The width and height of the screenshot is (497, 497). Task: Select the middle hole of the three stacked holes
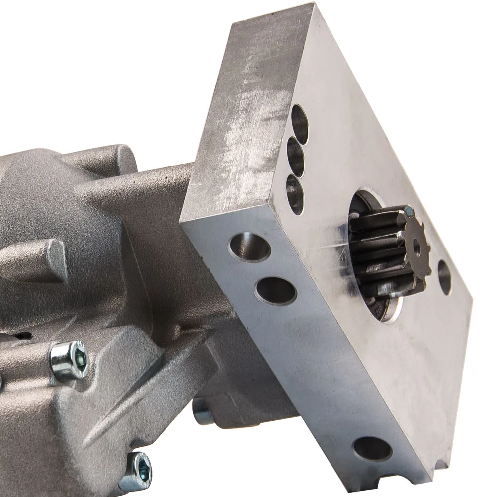(296, 157)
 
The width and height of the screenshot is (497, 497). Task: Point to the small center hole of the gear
(416, 244)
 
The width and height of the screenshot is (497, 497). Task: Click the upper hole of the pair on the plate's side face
(249, 247)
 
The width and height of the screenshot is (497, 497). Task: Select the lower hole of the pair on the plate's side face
(275, 290)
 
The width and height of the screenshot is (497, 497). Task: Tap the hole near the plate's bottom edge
(372, 449)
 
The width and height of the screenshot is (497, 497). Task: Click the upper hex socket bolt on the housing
(70, 359)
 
